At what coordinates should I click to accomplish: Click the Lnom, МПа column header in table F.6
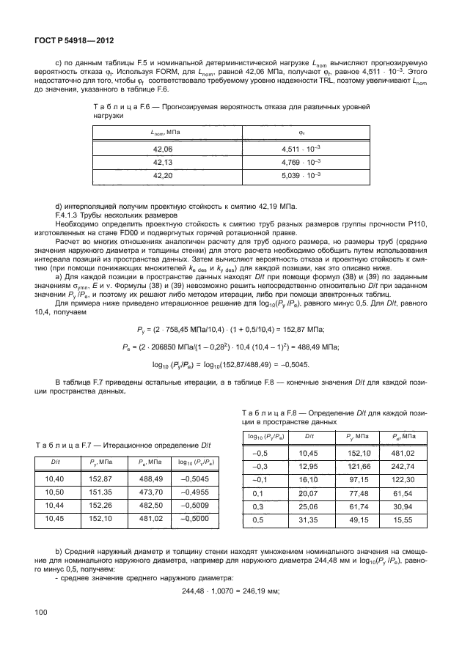(x=166, y=131)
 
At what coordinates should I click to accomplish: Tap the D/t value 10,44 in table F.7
(x=55, y=506)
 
